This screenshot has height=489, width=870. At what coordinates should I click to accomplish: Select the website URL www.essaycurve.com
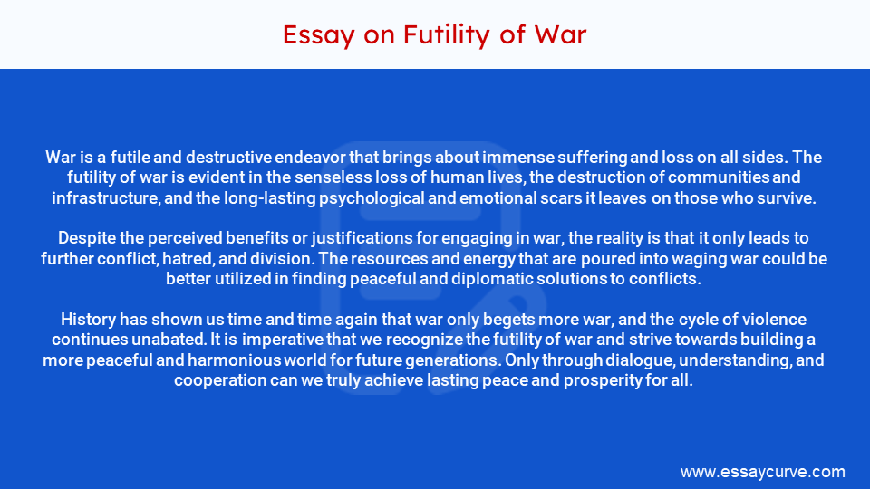click(x=762, y=472)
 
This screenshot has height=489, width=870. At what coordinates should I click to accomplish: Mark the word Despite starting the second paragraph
click(x=86, y=238)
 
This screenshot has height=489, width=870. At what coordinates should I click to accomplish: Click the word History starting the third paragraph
click(x=88, y=320)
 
